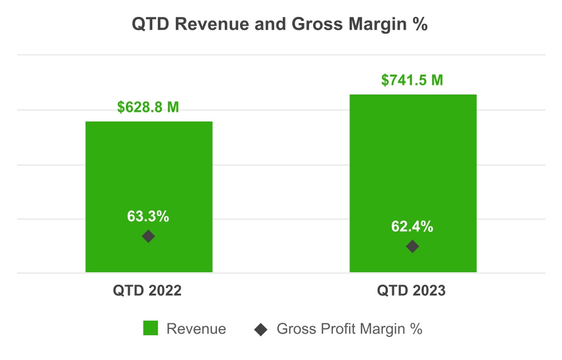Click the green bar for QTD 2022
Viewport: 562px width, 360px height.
coord(148,169)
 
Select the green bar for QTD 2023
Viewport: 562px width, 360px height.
coord(413,157)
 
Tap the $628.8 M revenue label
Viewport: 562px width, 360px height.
coord(148,107)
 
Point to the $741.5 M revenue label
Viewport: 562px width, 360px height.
coord(413,80)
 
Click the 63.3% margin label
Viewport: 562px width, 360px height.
coord(148,216)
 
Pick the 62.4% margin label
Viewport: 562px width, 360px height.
coord(413,227)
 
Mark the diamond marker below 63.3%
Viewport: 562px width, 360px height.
coord(148,236)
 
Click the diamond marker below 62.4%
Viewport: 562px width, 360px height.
coord(413,246)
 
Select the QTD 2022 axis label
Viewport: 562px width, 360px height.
coord(147,291)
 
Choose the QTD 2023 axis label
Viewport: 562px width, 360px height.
coord(411,291)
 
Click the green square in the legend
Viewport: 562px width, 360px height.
coord(151,328)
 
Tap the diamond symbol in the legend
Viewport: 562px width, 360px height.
coord(261,329)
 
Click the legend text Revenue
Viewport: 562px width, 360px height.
coord(196,329)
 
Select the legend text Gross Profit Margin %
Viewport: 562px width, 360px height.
coord(349,329)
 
